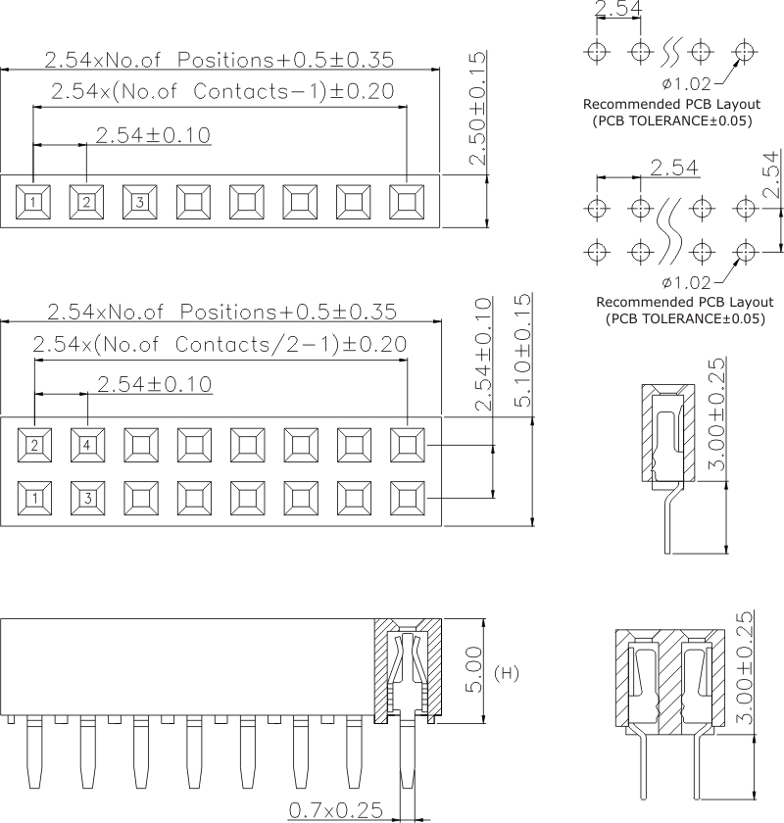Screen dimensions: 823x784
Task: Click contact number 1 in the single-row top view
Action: click(x=33, y=203)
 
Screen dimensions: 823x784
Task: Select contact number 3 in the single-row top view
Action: click(x=140, y=203)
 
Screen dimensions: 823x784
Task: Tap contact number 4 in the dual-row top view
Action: click(x=87, y=445)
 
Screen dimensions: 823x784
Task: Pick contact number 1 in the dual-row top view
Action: click(x=34, y=498)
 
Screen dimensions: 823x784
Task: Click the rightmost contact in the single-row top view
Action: click(x=407, y=203)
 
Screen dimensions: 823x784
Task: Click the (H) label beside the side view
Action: click(x=508, y=672)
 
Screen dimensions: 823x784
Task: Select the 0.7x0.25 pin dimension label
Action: click(x=336, y=810)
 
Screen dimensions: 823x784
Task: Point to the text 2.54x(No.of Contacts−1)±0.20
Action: click(x=221, y=92)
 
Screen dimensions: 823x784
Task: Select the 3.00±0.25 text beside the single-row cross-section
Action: click(x=716, y=417)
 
